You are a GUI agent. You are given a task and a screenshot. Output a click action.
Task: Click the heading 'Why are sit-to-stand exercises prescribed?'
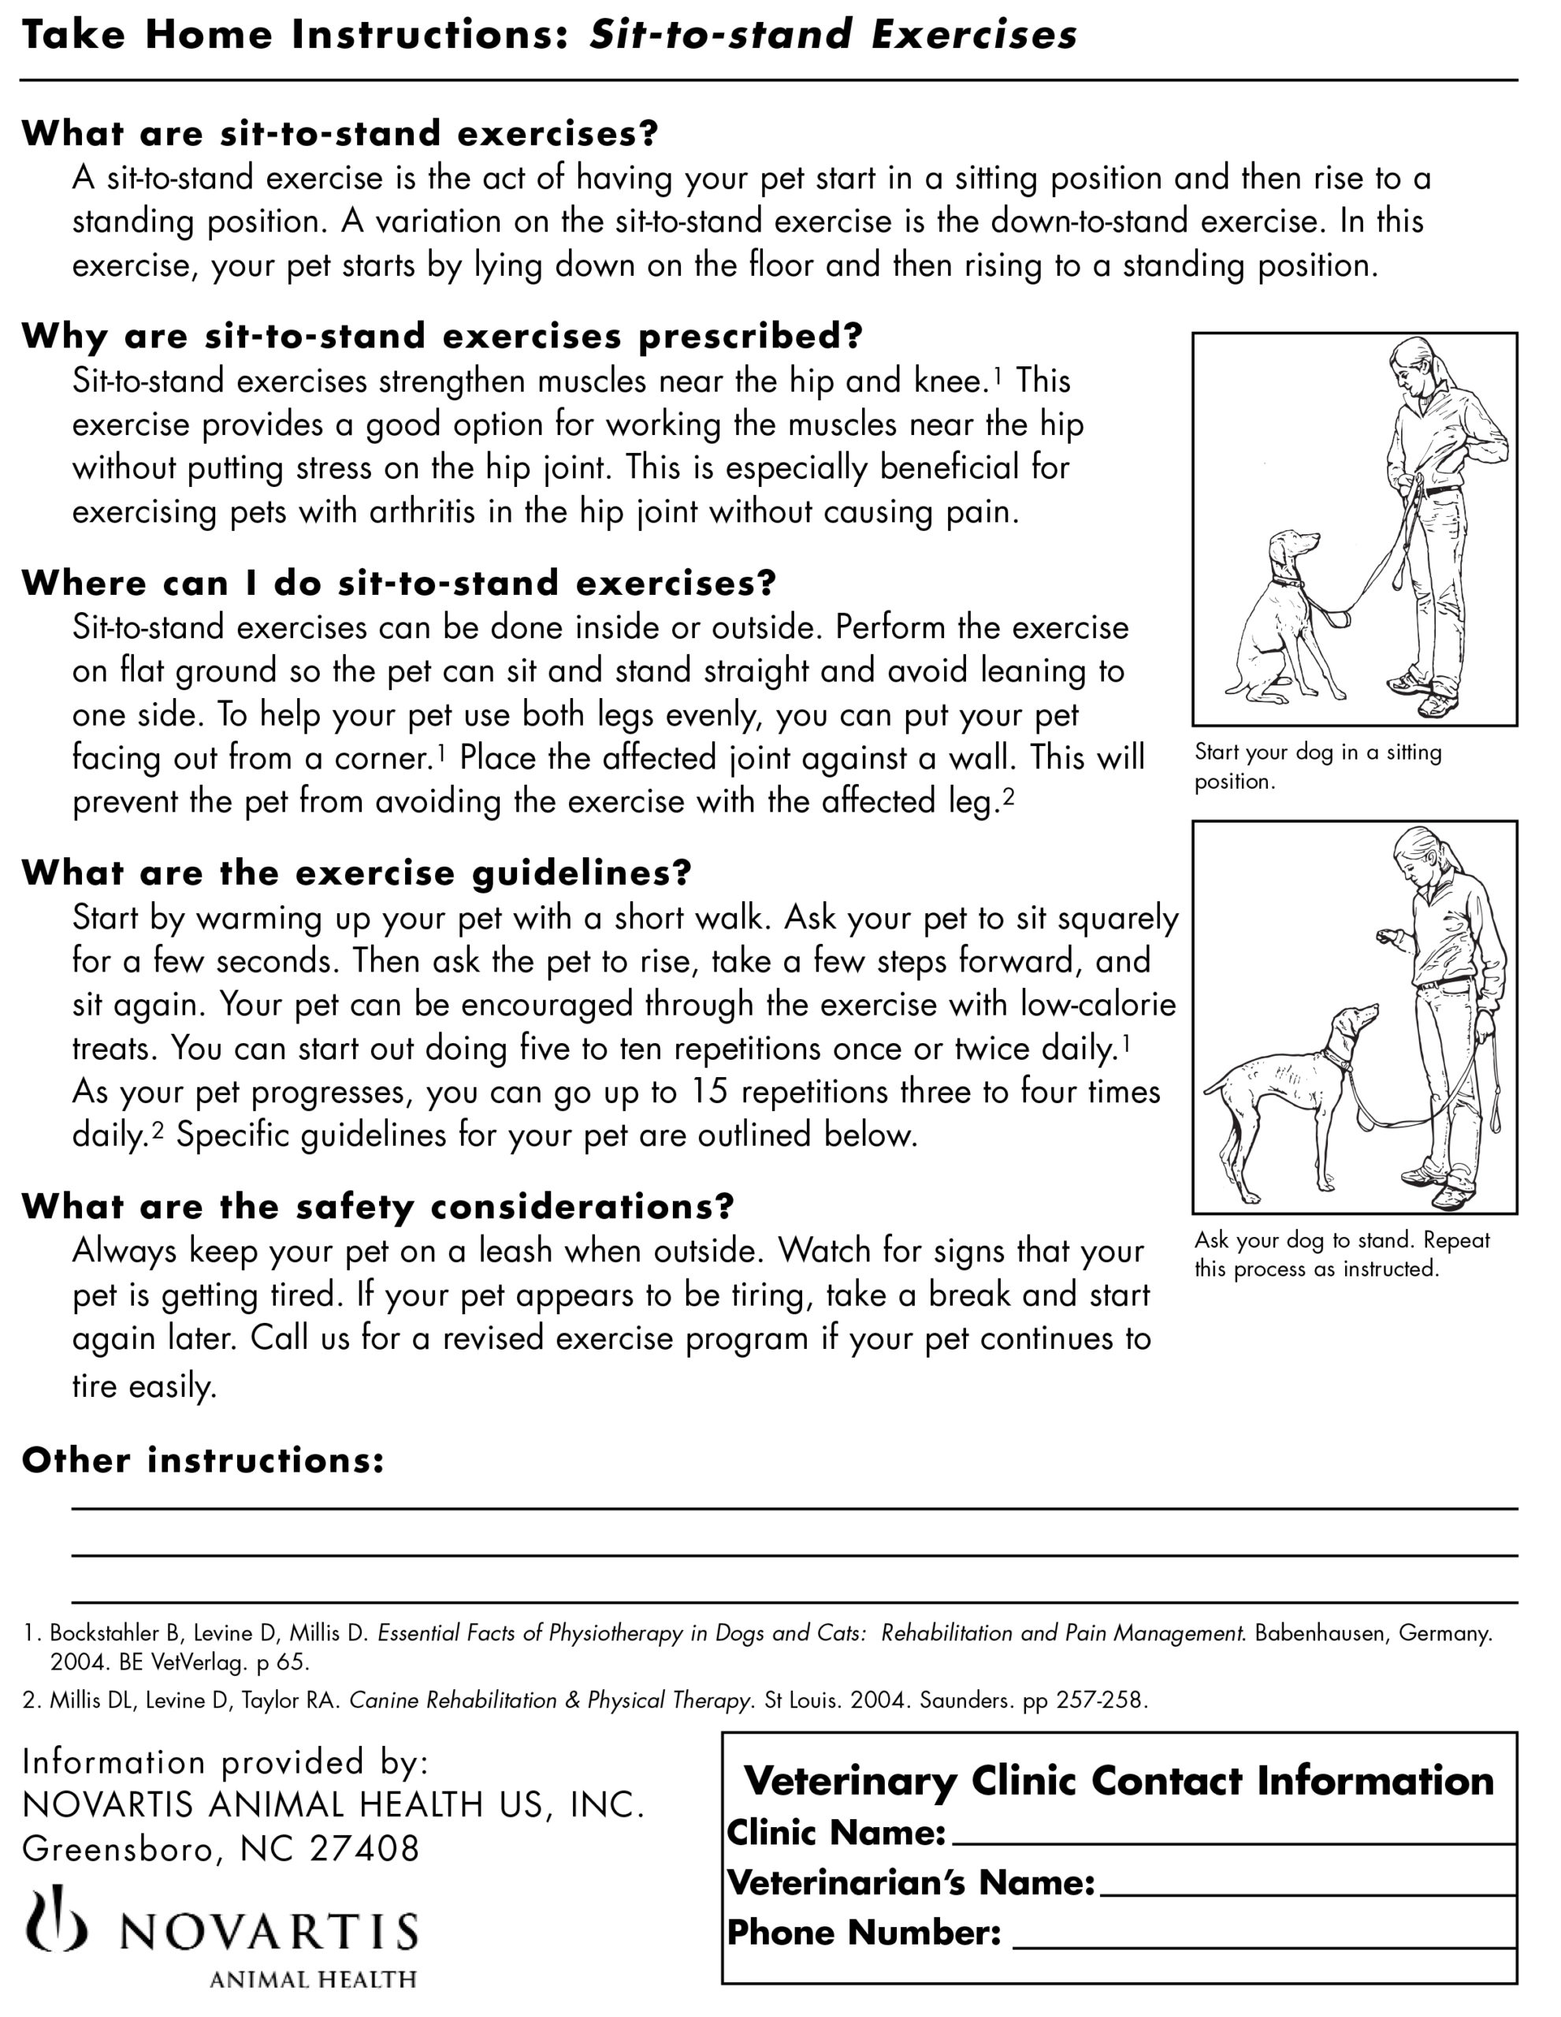pyautogui.click(x=441, y=336)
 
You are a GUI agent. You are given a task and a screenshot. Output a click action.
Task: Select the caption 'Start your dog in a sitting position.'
pyautogui.click(x=1318, y=766)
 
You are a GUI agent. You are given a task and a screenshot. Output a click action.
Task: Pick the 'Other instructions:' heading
pyautogui.click(x=203, y=1460)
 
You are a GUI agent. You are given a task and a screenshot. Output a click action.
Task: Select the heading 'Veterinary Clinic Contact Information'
pyautogui.click(x=1119, y=1781)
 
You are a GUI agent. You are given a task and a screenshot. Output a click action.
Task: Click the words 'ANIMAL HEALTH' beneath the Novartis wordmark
pyautogui.click(x=312, y=1979)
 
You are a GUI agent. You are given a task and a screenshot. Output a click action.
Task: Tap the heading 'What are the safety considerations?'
pyautogui.click(x=377, y=1206)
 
